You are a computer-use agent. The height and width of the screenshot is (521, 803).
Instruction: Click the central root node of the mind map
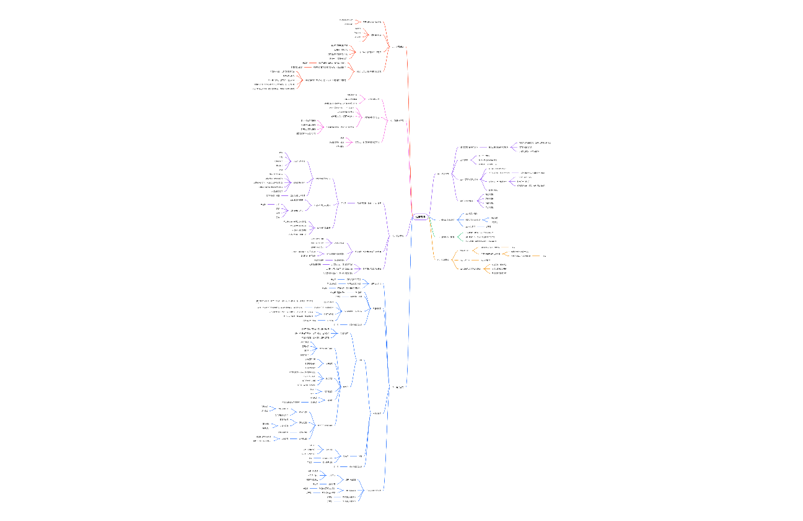pyautogui.click(x=420, y=216)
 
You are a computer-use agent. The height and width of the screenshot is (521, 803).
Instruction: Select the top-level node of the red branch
pyautogui.click(x=397, y=47)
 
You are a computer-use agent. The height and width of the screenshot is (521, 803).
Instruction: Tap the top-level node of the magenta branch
pyautogui.click(x=398, y=120)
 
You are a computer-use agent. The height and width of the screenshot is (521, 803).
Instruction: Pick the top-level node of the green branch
pyautogui.click(x=448, y=236)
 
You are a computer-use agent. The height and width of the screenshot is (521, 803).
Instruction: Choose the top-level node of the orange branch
pyautogui.click(x=443, y=259)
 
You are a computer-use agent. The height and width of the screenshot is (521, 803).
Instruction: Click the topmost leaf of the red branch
pyautogui.click(x=350, y=20)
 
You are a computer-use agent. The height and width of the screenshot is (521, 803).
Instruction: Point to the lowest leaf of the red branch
pyautogui.click(x=273, y=89)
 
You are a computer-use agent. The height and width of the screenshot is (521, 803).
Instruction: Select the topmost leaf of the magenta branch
pyautogui.click(x=352, y=94)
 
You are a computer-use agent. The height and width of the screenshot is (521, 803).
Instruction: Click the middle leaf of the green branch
pyautogui.click(x=480, y=236)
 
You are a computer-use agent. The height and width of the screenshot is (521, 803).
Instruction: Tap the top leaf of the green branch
pyautogui.click(x=480, y=232)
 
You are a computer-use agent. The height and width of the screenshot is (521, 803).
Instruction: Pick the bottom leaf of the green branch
pyautogui.click(x=480, y=241)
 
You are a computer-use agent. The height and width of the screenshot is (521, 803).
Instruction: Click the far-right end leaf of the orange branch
pyautogui.click(x=545, y=256)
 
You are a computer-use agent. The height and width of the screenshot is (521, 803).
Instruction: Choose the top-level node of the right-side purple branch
pyautogui.click(x=445, y=174)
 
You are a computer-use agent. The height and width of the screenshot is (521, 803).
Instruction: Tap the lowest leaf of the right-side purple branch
pyautogui.click(x=489, y=207)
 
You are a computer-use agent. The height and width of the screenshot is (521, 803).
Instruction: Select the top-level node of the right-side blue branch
pyautogui.click(x=447, y=220)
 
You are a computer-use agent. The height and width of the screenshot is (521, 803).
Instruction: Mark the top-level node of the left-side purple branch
pyautogui.click(x=398, y=236)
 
